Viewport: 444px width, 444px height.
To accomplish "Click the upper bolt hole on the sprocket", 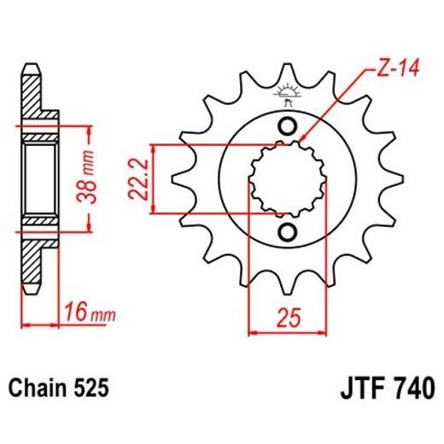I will pyautogui.click(x=288, y=127).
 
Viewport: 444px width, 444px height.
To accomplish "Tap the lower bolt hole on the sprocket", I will pyautogui.click(x=288, y=233).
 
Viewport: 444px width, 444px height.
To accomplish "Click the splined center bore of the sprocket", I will pyautogui.click(x=288, y=180).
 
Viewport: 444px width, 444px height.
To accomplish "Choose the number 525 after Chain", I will pyautogui.click(x=90, y=388).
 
